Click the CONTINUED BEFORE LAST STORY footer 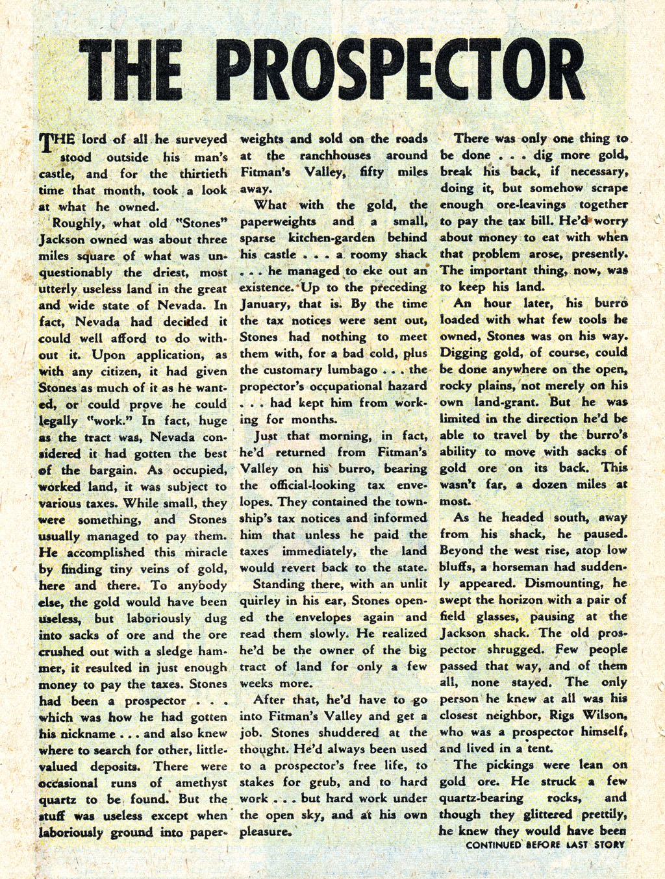pos(545,845)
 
